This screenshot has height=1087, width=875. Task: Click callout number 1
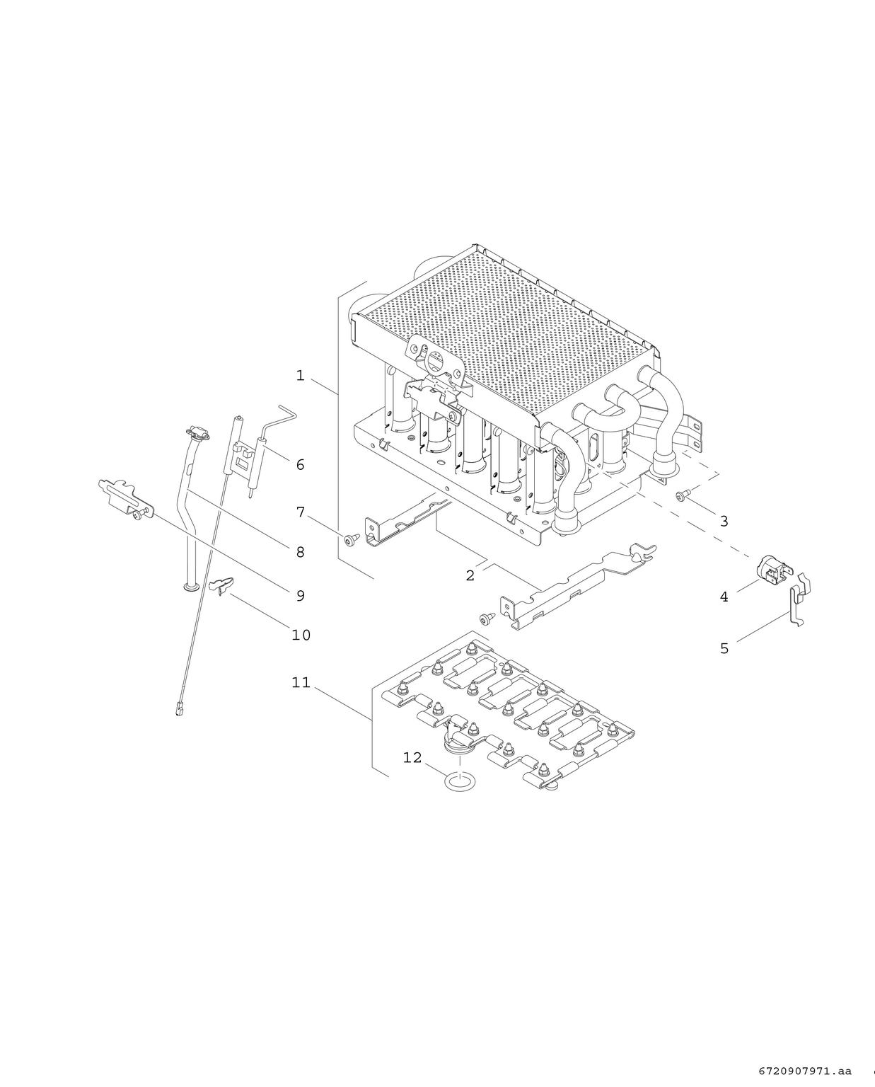(300, 376)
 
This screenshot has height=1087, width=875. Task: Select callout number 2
(470, 575)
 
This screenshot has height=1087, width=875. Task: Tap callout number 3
(724, 522)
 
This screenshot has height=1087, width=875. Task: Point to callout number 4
(724, 597)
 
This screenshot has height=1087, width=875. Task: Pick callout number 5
(724, 648)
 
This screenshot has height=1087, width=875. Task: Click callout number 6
(300, 465)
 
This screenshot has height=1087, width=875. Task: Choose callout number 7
(300, 512)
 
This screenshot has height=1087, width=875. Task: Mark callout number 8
(300, 552)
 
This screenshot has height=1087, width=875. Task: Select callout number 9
(300, 596)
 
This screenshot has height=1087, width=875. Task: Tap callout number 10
(301, 635)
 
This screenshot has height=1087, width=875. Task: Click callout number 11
(301, 683)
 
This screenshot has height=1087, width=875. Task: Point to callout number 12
(412, 758)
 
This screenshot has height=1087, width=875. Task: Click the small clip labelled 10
(221, 585)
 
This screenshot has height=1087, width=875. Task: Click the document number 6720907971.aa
(805, 1071)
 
